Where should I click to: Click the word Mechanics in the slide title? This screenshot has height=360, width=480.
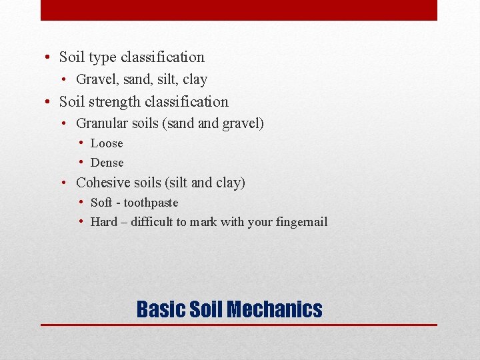tap(274, 309)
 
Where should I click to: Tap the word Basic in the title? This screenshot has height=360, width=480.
tap(161, 309)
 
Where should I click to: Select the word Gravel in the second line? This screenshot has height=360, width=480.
tap(94, 79)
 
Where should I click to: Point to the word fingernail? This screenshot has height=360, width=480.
tap(302, 222)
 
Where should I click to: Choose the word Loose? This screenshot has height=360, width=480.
tap(107, 143)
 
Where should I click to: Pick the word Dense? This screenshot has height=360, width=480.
tap(107, 163)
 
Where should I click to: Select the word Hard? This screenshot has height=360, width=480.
tap(103, 222)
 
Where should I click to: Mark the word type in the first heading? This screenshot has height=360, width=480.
tap(103, 57)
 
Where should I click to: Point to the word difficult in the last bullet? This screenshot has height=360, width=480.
tap(152, 222)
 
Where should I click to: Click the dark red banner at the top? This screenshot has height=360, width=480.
tap(239, 10)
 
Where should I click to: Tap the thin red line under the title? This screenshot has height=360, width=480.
tap(239, 325)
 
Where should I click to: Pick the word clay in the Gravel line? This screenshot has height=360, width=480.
tap(195, 79)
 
